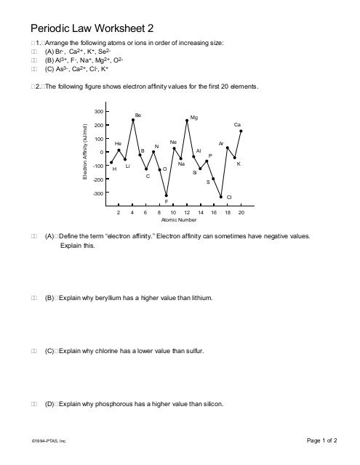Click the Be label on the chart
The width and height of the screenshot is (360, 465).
(138, 115)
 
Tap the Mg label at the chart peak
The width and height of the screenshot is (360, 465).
(193, 117)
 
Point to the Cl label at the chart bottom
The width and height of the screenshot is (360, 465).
(229, 197)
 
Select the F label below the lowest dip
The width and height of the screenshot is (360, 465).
(167, 201)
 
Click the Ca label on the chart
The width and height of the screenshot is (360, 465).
(237, 125)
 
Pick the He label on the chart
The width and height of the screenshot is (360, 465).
(118, 143)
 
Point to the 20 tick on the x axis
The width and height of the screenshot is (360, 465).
(241, 213)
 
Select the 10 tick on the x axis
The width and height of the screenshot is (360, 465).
(173, 213)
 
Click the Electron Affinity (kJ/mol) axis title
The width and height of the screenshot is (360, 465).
(85, 153)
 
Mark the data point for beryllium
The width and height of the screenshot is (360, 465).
(132, 120)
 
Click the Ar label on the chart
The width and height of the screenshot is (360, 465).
(221, 143)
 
